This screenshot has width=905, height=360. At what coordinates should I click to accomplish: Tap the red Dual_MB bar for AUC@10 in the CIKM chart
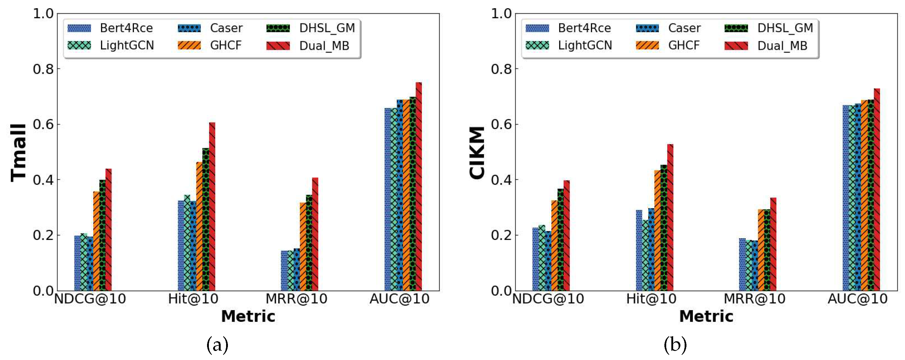877,190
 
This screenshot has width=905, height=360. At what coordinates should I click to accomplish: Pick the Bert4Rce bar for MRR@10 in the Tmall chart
284,271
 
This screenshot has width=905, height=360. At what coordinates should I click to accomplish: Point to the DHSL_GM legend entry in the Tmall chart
311,28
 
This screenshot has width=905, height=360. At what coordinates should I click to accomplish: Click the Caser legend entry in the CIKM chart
668,28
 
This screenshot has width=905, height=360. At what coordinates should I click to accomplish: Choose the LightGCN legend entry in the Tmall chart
111,45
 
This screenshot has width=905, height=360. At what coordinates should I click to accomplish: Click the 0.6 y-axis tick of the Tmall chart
43,124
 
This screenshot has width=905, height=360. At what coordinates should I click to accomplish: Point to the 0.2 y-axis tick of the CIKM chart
501,235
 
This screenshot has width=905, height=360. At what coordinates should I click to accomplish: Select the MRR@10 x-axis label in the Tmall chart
296,299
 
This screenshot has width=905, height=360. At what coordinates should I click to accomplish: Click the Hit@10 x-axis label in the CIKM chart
651,299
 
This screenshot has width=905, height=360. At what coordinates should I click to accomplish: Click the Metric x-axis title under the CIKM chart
706,316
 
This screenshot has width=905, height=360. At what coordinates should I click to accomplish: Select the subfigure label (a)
217,345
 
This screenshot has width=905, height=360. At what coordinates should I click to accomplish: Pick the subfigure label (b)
675,345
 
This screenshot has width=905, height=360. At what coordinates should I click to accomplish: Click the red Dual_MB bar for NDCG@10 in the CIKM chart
566,235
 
